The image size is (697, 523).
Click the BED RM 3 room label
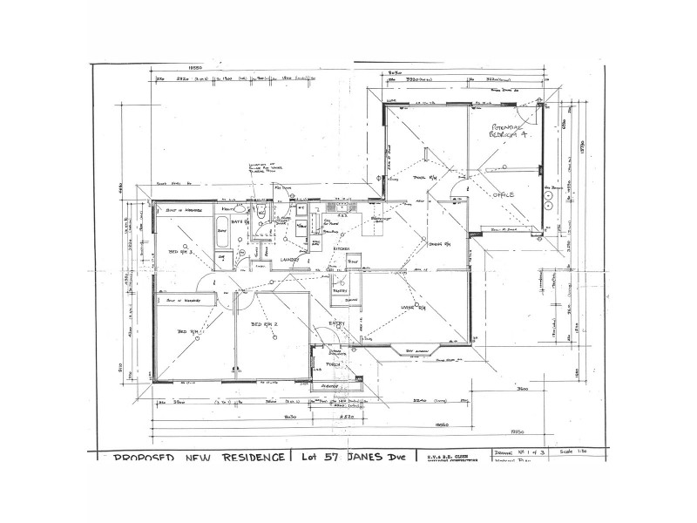[181, 252]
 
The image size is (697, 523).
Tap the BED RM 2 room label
[264, 324]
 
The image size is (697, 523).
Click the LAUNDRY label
[289, 260]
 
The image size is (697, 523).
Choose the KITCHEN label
[341, 248]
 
